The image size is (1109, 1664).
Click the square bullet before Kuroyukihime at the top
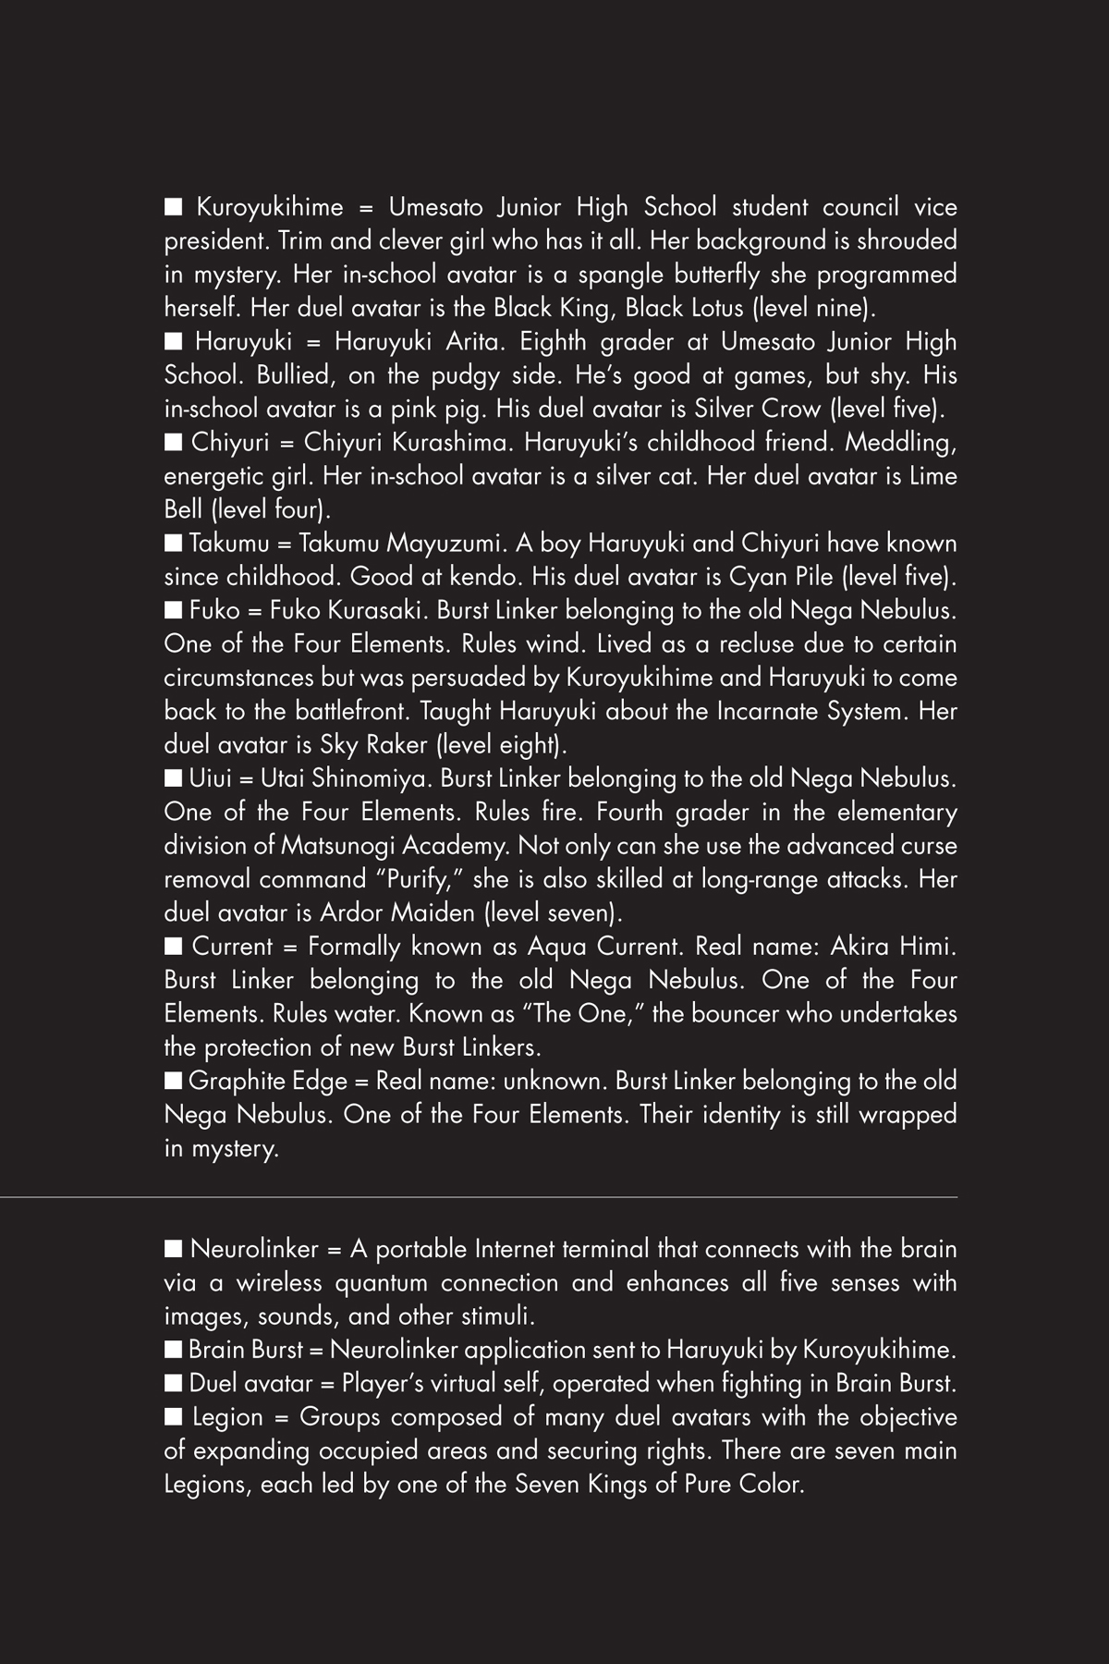(173, 206)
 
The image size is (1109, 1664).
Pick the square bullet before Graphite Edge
(173, 1081)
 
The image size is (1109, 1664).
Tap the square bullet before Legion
(173, 1416)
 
